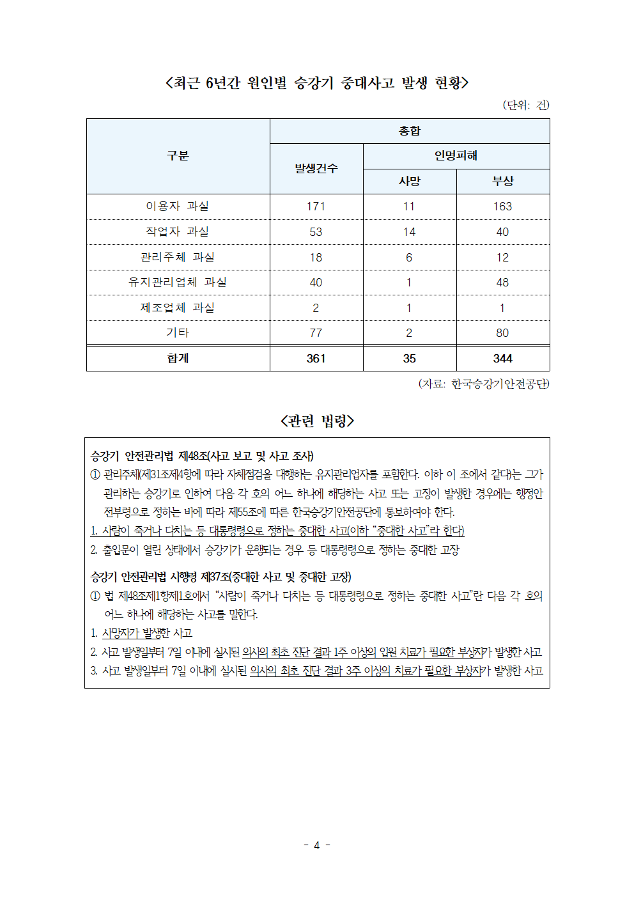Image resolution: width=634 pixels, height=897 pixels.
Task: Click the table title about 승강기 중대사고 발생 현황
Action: [317, 83]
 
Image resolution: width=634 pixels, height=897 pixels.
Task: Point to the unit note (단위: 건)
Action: [525, 105]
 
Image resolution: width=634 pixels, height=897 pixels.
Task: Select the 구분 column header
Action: [178, 156]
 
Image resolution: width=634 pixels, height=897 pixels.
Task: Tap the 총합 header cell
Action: [410, 131]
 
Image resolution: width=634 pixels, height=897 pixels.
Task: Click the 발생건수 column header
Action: [316, 169]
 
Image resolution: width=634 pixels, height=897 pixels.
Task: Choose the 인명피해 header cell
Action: [456, 156]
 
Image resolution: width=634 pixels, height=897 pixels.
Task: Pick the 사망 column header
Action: [410, 181]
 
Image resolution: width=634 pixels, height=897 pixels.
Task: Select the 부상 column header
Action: [503, 181]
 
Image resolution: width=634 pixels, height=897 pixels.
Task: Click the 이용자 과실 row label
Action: [178, 206]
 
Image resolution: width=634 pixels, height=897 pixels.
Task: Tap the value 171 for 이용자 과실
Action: [316, 207]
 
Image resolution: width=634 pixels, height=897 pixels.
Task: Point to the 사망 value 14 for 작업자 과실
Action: [410, 232]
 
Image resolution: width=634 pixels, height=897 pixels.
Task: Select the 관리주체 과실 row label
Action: [178, 257]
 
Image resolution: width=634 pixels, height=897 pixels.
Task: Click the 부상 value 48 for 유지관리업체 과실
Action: [503, 283]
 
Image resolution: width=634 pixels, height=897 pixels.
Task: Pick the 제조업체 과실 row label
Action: [178, 308]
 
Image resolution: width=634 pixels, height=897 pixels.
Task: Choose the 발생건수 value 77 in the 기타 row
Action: [316, 333]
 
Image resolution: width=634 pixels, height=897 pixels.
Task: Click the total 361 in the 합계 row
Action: [316, 359]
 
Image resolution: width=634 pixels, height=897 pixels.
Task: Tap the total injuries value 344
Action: [503, 359]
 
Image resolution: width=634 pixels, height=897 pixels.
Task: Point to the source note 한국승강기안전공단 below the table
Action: [484, 384]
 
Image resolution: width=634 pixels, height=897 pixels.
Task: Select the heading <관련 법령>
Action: [317, 421]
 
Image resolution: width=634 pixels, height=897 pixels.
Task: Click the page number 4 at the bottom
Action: [317, 845]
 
